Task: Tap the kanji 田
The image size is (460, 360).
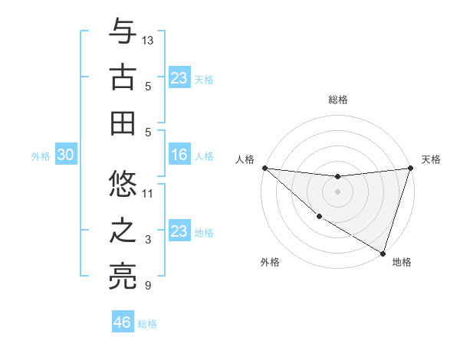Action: point(123,123)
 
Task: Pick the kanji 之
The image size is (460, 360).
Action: point(123,231)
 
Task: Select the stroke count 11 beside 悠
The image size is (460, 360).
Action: point(149,193)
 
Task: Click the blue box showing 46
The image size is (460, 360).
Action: point(123,322)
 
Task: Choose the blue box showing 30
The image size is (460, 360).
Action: point(65,155)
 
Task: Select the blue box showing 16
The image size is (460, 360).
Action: point(179,155)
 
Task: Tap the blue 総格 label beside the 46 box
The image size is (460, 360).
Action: point(147,324)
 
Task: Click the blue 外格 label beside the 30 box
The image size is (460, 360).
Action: point(41,156)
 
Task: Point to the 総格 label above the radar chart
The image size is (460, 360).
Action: point(337,100)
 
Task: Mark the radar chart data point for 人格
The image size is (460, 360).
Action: point(264,167)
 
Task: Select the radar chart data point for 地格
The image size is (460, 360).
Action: point(383,253)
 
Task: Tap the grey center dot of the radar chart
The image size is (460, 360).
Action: point(337,191)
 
